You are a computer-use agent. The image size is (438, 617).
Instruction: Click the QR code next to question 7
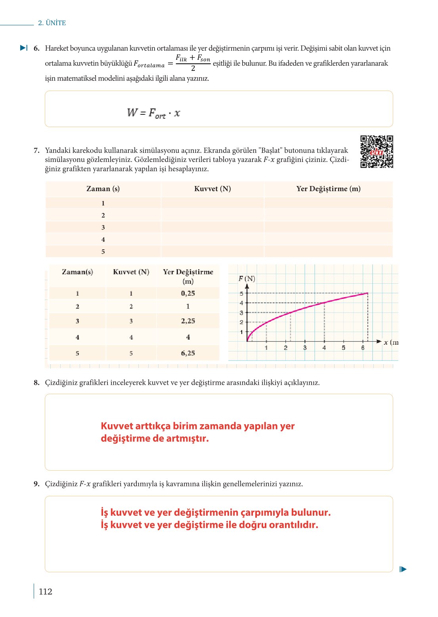(377, 152)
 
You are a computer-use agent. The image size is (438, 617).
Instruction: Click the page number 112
(45, 591)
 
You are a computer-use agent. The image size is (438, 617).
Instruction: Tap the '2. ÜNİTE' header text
(52, 23)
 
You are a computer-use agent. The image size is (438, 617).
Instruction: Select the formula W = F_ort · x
(153, 113)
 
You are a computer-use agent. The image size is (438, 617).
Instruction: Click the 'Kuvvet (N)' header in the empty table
(212, 189)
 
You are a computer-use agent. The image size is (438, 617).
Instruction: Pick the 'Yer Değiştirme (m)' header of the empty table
(328, 189)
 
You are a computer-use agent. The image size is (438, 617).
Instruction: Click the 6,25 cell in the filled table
(188, 353)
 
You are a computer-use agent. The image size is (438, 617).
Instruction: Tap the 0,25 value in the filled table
(188, 293)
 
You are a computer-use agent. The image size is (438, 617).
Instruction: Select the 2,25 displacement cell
(188, 321)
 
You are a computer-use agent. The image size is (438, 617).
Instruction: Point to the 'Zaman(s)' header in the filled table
(77, 272)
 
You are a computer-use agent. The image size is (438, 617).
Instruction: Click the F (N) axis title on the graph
(247, 279)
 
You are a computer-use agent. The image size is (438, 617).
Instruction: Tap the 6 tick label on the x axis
(363, 348)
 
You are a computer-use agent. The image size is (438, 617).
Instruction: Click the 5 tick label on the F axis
(241, 294)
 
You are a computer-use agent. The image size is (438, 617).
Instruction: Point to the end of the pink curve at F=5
(367, 293)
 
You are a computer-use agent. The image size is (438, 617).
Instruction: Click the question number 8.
(36, 383)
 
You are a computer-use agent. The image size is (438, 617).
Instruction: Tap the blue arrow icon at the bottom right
(403, 569)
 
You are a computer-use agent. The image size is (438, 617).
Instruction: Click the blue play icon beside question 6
(24, 48)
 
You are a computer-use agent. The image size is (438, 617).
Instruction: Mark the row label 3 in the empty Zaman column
(103, 228)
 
